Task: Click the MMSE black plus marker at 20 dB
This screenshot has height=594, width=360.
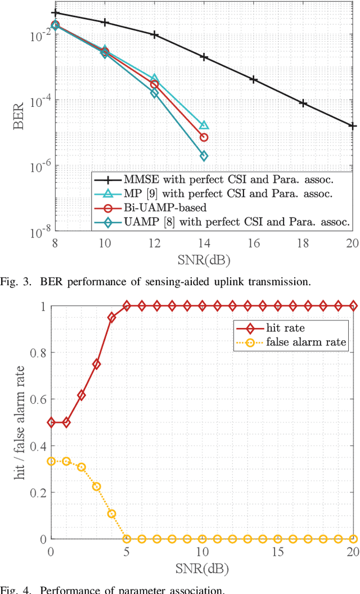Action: pyautogui.click(x=353, y=126)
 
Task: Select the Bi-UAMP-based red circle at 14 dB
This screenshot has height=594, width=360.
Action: pyautogui.click(x=204, y=137)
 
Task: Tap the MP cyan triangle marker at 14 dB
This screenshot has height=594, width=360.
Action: pyautogui.click(x=204, y=125)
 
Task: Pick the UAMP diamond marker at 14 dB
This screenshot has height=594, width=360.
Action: pyautogui.click(x=204, y=156)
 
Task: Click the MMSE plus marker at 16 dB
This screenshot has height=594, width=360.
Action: pyautogui.click(x=253, y=80)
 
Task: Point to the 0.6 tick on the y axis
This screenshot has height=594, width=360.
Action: pyautogui.click(x=38, y=399)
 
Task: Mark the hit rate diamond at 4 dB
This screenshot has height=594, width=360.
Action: pyautogui.click(x=111, y=317)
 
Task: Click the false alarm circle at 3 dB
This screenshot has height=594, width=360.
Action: pyautogui.click(x=96, y=487)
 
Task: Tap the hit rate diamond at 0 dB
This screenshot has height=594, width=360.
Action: pyautogui.click(x=51, y=422)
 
